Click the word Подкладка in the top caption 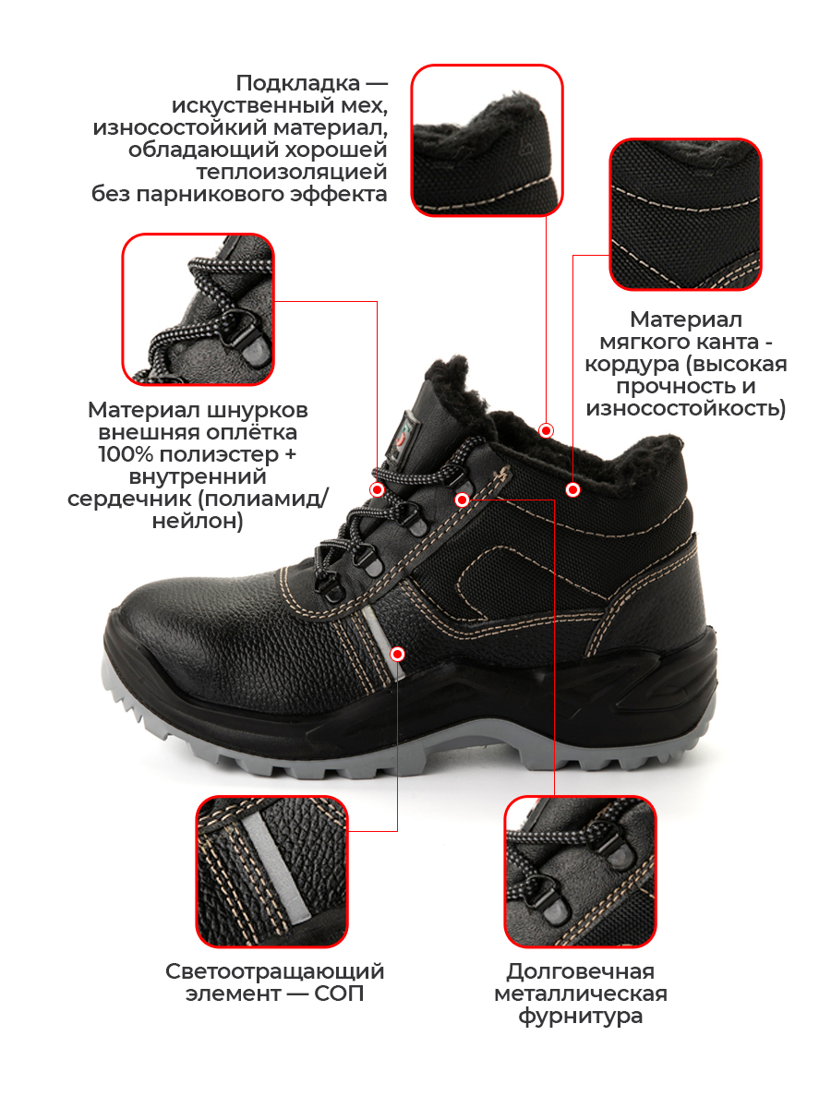pos(297,83)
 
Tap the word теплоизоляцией pos(292,172)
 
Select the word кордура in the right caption pos(631,365)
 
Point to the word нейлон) pos(198,522)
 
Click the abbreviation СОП pos(339,994)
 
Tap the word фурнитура pos(580,1017)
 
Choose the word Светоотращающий pos(275,971)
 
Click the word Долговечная pos(580,971)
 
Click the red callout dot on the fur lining pos(546,430)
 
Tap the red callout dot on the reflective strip pos(398,655)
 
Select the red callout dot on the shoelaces pos(377,489)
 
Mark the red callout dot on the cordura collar pos(572,489)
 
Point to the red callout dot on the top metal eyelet pos(463,500)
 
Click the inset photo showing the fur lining pos(487,140)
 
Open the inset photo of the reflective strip pos(272,872)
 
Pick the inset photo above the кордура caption pos(686,214)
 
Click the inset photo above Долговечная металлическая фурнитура pos(580,872)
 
